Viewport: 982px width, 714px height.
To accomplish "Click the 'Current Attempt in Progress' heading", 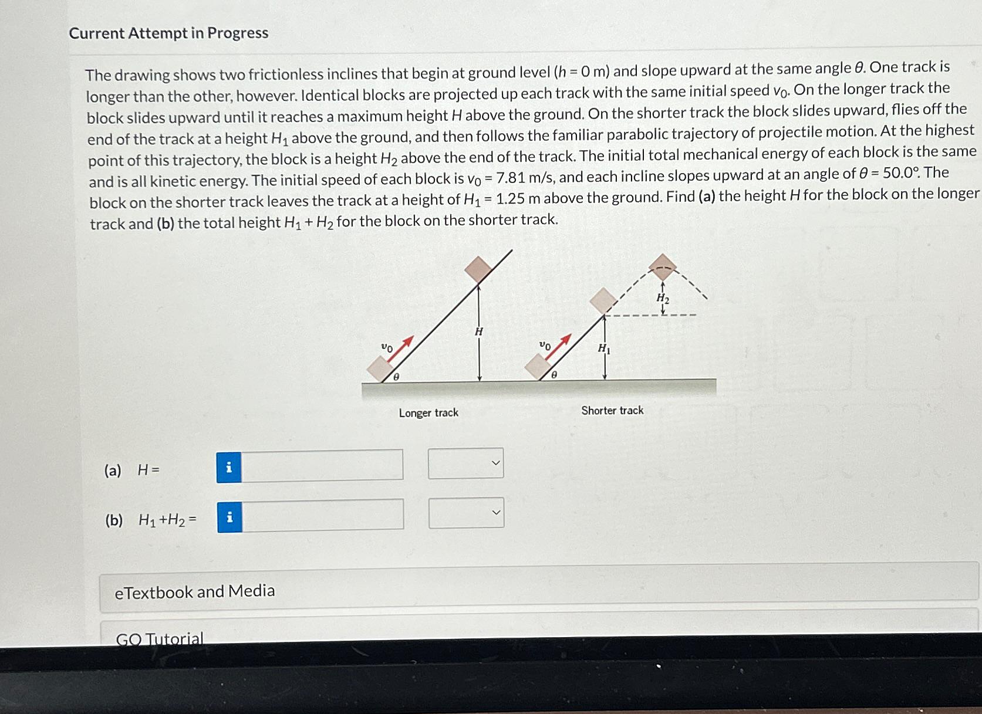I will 168,33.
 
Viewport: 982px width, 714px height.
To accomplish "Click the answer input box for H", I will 322,465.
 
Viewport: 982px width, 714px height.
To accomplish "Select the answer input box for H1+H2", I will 322,515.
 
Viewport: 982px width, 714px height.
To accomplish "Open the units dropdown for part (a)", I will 465,463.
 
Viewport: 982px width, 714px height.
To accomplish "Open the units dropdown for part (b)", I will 466,513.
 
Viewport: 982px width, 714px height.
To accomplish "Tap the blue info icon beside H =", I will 229,468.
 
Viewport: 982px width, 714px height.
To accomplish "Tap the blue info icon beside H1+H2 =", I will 230,517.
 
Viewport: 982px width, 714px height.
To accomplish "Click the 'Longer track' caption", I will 428,413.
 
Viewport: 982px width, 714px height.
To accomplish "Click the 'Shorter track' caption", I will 612,411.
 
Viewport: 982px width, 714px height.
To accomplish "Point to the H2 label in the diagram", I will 663,298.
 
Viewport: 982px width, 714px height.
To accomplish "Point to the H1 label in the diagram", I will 604,348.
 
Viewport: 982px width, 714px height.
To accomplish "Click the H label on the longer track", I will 479,331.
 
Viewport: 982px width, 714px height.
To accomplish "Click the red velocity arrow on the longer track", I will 403,346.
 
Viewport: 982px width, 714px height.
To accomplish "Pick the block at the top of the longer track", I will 479,269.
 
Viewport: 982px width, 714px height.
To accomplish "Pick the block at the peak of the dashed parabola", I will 663,267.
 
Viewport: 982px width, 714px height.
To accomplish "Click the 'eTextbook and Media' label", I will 195,591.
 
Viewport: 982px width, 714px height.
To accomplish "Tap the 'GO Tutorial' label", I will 160,638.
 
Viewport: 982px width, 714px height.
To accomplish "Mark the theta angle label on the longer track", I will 396,377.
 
